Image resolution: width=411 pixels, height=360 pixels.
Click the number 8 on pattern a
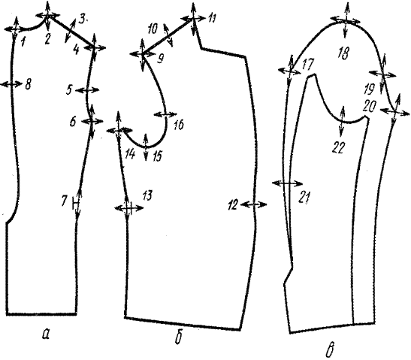pyautogui.click(x=28, y=85)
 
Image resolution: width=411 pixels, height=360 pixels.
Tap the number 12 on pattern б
pyautogui.click(x=232, y=204)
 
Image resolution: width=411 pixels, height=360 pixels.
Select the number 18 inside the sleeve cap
pyautogui.click(x=343, y=53)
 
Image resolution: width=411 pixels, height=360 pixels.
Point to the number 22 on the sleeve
pyautogui.click(x=339, y=148)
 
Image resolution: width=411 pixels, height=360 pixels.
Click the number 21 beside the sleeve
pyautogui.click(x=304, y=197)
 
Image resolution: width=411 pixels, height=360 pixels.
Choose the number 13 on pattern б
pyautogui.click(x=147, y=195)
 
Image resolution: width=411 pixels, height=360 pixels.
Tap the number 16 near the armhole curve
pyautogui.click(x=179, y=125)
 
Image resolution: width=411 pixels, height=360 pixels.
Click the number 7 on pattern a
pyautogui.click(x=64, y=201)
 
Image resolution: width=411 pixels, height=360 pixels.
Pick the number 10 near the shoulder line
pyautogui.click(x=153, y=29)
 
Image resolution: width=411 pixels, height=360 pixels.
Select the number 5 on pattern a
pyautogui.click(x=69, y=90)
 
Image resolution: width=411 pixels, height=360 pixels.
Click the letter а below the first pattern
pyautogui.click(x=46, y=334)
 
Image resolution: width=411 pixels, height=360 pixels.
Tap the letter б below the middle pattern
pyautogui.click(x=178, y=338)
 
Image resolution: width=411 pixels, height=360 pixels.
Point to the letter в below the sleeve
pyautogui.click(x=331, y=351)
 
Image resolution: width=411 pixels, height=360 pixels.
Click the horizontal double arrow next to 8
pyautogui.click(x=11, y=84)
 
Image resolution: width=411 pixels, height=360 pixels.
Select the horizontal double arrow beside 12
pyautogui.click(x=254, y=204)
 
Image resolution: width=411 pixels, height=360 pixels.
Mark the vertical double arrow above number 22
pyautogui.click(x=342, y=121)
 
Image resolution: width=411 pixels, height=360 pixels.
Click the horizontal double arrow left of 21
pyautogui.click(x=287, y=183)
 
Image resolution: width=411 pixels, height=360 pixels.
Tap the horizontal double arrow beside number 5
pyautogui.click(x=87, y=90)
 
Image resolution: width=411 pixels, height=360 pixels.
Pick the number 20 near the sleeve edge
pyautogui.click(x=370, y=107)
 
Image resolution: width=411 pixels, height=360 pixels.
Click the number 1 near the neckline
pyautogui.click(x=23, y=41)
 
